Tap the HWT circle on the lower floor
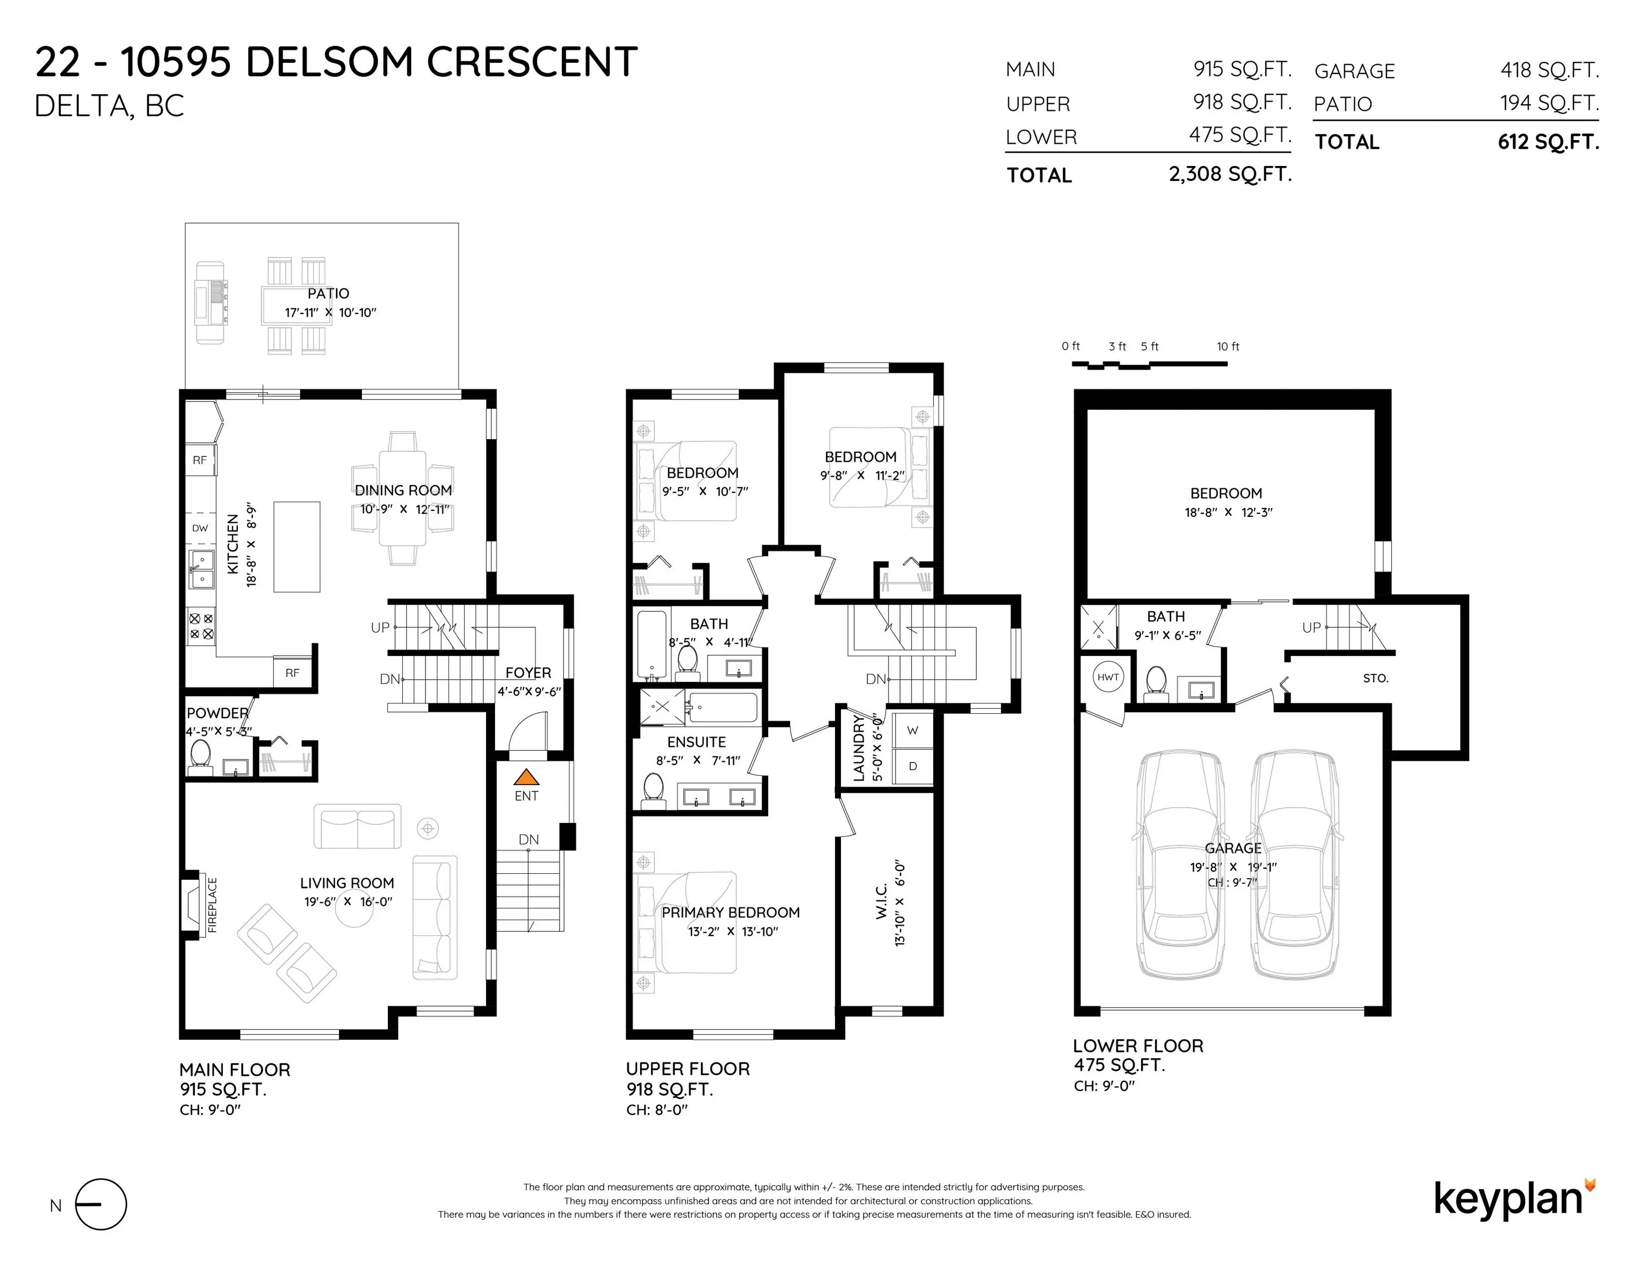1108,677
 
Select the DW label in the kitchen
200,528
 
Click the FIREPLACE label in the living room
212,905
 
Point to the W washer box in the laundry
912,730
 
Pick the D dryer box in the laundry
912,766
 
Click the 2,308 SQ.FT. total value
1230,174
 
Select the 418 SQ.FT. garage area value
1550,70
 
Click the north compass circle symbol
101,1205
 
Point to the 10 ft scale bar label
1228,346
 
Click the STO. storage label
1375,679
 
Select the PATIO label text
328,293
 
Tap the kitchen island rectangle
297,547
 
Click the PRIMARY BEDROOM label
731,912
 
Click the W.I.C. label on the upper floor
882,901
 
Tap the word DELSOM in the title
329,62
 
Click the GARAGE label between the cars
1233,848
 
